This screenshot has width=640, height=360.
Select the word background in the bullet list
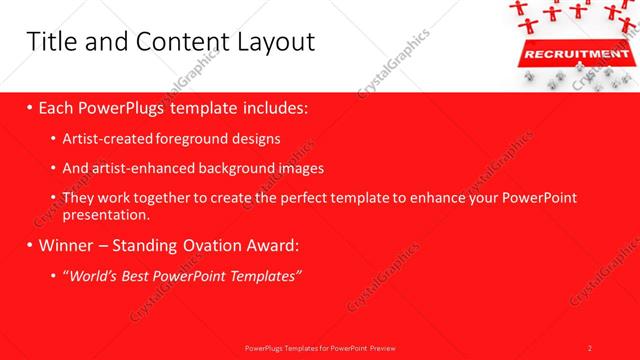pos(220,168)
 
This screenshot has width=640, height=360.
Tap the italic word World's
pos(93,275)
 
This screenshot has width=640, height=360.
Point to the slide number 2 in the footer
pos(590,348)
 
